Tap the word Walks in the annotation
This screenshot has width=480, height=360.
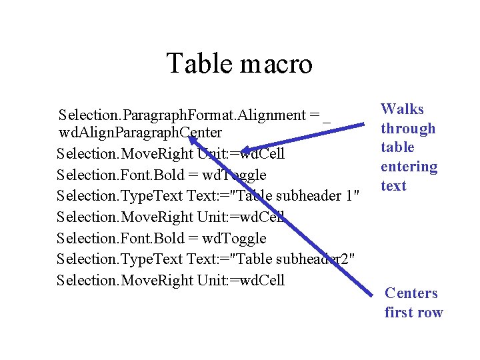click(402, 109)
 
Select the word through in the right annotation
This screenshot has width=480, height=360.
click(408, 129)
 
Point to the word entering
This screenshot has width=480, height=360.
click(409, 167)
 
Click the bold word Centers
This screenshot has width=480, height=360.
click(411, 293)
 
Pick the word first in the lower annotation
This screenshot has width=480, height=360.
click(398, 313)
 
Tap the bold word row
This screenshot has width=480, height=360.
click(430, 313)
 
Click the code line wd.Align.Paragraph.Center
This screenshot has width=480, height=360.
click(141, 133)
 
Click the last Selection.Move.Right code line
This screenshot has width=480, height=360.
click(171, 280)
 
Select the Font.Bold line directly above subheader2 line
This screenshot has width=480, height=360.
click(161, 238)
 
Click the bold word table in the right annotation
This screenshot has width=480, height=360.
click(397, 147)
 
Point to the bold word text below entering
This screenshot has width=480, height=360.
click(393, 186)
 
